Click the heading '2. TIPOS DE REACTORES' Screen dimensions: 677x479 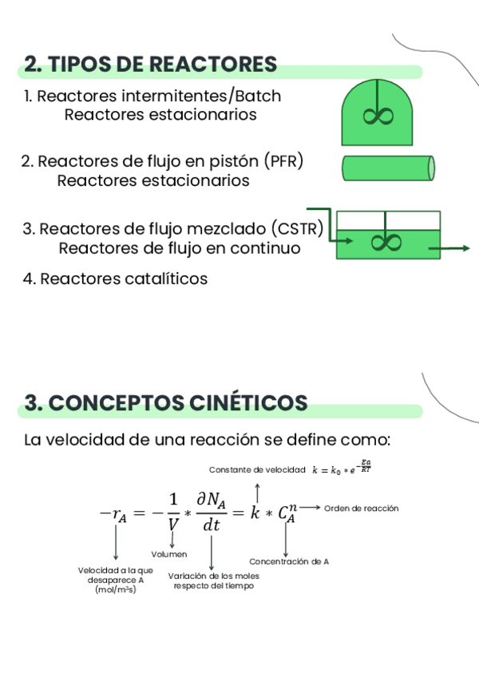click(x=150, y=65)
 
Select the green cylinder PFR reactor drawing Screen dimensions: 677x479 click(x=388, y=168)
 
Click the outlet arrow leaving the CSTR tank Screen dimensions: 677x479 click(x=449, y=248)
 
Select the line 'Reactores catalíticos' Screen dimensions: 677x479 click(x=124, y=279)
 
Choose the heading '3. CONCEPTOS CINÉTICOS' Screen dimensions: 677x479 click(x=166, y=403)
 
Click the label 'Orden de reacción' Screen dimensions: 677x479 click(x=361, y=509)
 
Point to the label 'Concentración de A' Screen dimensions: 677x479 click(x=289, y=561)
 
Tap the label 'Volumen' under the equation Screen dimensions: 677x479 click(x=169, y=554)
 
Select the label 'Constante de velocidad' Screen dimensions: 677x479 click(x=257, y=470)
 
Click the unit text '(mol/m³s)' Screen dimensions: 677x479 click(x=116, y=589)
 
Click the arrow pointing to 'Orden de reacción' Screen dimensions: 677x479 click(x=311, y=508)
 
